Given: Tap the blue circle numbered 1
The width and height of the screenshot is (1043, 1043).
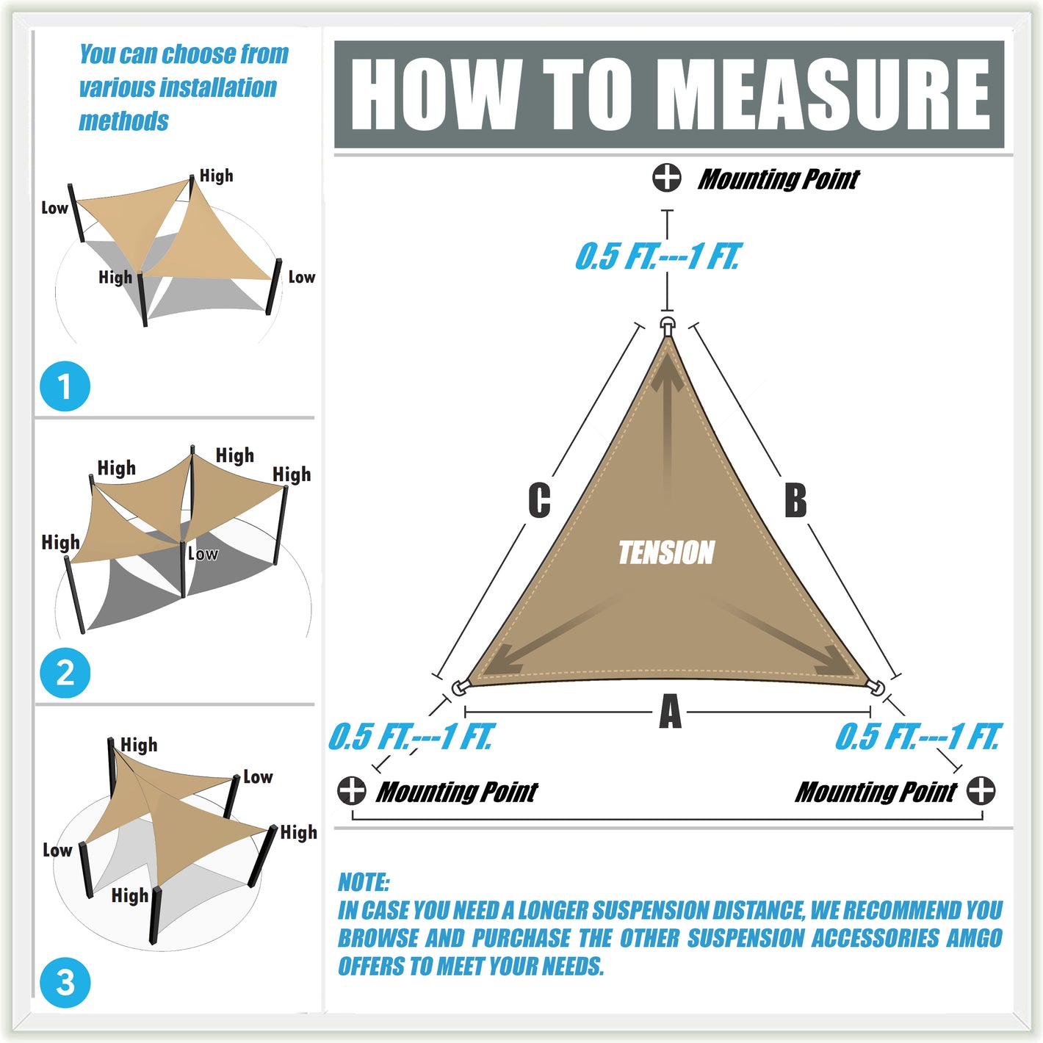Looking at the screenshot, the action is tap(65, 386).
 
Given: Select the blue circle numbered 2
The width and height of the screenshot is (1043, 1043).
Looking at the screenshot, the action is tap(65, 673).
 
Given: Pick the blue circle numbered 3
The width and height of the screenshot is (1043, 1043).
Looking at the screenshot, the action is tap(65, 982).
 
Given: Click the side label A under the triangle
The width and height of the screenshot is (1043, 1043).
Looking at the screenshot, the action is tap(670, 711).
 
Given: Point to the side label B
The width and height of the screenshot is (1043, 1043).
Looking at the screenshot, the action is tap(795, 500).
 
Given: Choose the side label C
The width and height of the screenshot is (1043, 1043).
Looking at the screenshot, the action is tap(539, 500).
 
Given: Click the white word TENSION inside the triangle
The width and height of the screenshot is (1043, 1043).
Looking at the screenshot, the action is tap(666, 552).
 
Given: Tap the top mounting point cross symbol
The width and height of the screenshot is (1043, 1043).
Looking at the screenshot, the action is tap(666, 178).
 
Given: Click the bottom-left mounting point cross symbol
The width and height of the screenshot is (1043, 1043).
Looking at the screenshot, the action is tap(352, 790).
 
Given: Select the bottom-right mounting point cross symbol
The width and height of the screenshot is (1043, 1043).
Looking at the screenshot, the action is tap(981, 790).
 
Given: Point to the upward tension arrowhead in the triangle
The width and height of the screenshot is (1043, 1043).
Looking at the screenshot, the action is tap(668, 372).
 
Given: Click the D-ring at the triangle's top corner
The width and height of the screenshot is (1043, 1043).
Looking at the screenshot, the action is tap(668, 326).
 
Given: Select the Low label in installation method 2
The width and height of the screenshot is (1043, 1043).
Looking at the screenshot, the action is tap(203, 554).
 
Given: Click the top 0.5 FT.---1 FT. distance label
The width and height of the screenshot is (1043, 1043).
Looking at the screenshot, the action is tap(657, 256).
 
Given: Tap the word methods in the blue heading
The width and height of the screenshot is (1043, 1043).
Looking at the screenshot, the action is tap(123, 120).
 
